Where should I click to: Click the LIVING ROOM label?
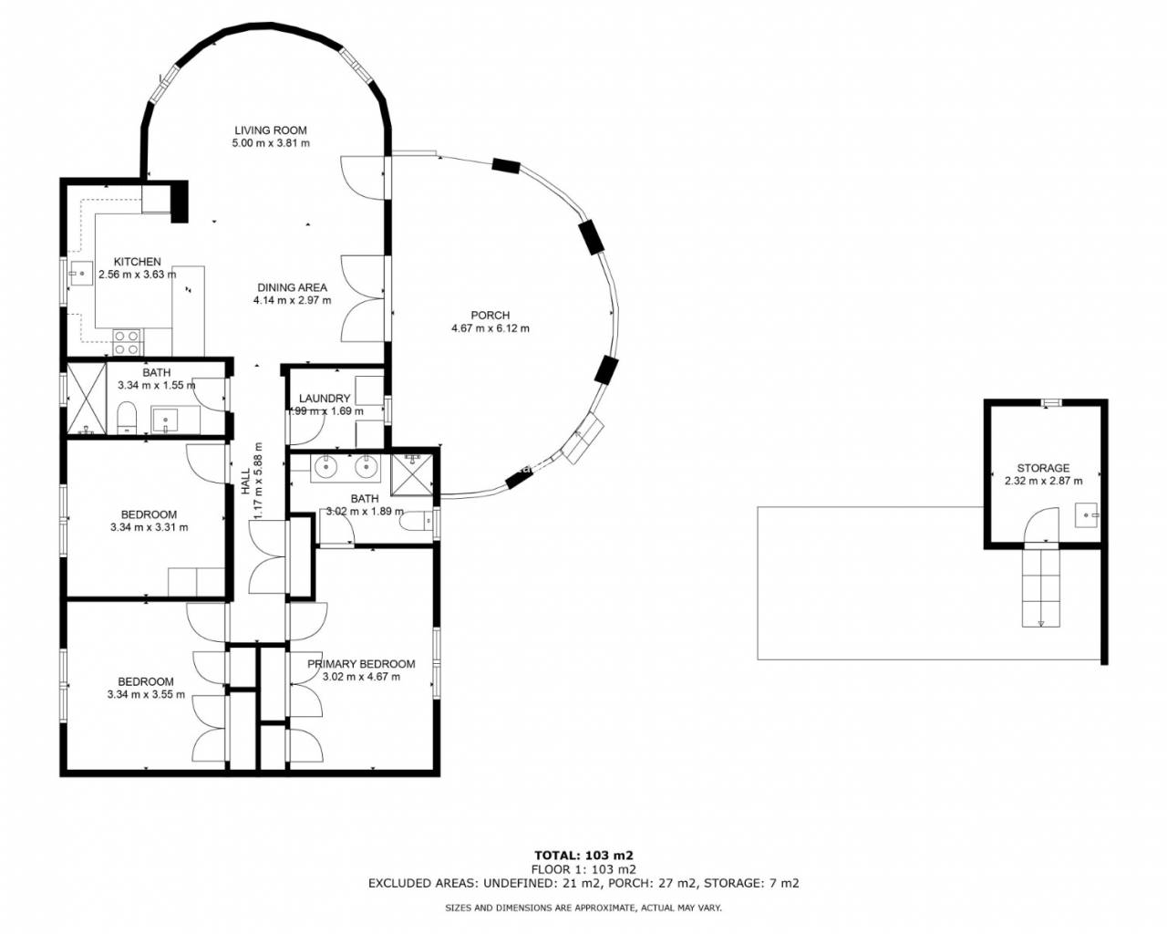pyautogui.click(x=271, y=130)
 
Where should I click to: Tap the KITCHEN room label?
pyautogui.click(x=137, y=262)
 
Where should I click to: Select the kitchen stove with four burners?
pyautogui.click(x=127, y=342)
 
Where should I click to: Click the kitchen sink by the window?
pyautogui.click(x=80, y=274)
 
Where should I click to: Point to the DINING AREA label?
pyautogui.click(x=292, y=287)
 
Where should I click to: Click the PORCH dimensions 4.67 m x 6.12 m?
pyautogui.click(x=491, y=328)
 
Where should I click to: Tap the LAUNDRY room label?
pyautogui.click(x=325, y=399)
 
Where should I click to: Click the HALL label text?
pyautogui.click(x=245, y=482)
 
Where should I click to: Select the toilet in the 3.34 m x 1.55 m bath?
pyautogui.click(x=127, y=417)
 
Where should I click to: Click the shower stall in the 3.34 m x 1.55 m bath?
pyautogui.click(x=87, y=399)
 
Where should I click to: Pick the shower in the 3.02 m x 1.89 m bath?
pyautogui.click(x=412, y=475)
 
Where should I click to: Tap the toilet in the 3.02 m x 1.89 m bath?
pyautogui.click(x=417, y=522)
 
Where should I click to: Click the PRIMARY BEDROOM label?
pyautogui.click(x=361, y=664)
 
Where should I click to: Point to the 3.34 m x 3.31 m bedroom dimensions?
pyautogui.click(x=150, y=527)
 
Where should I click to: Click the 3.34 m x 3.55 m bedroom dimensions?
pyautogui.click(x=146, y=694)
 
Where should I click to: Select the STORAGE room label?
pyautogui.click(x=1043, y=468)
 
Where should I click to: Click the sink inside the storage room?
pyautogui.click(x=1088, y=514)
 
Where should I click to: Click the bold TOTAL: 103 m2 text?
pyautogui.click(x=583, y=856)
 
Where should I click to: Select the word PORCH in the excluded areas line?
pyautogui.click(x=628, y=883)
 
